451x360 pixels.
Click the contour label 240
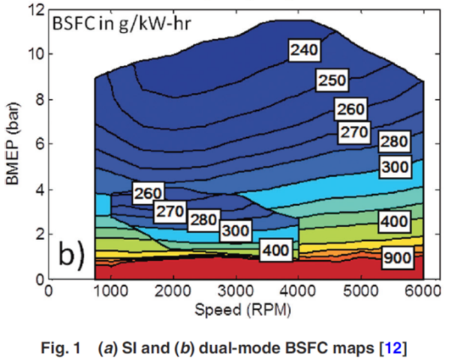(x=304, y=50)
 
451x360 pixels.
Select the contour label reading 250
(x=332, y=80)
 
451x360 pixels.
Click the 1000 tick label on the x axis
(x=111, y=291)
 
